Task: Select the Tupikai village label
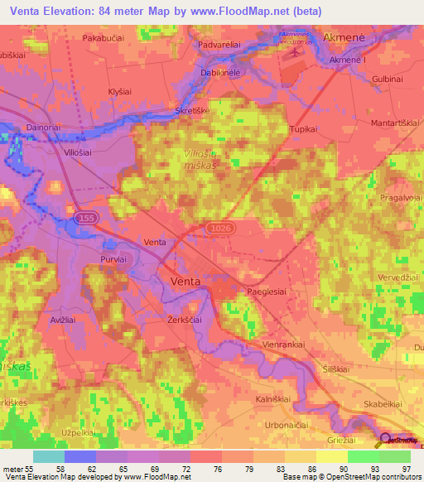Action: (304, 129)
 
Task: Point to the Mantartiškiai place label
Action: (394, 122)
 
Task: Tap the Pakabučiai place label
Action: (103, 38)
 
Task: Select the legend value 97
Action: (405, 468)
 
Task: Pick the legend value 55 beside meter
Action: (37, 468)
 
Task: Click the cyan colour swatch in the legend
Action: (48, 456)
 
